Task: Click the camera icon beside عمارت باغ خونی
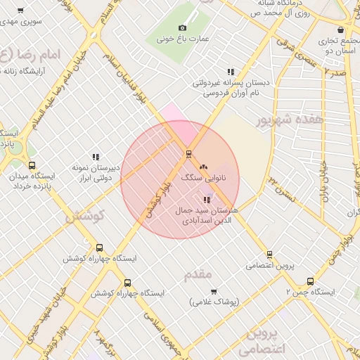182,27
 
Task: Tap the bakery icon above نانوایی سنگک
204,167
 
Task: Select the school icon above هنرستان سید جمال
206,200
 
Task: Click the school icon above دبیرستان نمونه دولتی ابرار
96,157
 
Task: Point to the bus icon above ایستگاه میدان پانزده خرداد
32,165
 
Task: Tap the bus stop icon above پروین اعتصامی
269,255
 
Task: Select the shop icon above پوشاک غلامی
214,290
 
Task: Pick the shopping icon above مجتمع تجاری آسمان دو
341,30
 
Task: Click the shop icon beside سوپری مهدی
20,11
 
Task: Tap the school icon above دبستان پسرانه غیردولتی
230,72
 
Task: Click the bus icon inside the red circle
188,153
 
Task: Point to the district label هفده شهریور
281,121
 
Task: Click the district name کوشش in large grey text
84,217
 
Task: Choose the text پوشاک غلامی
214,302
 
